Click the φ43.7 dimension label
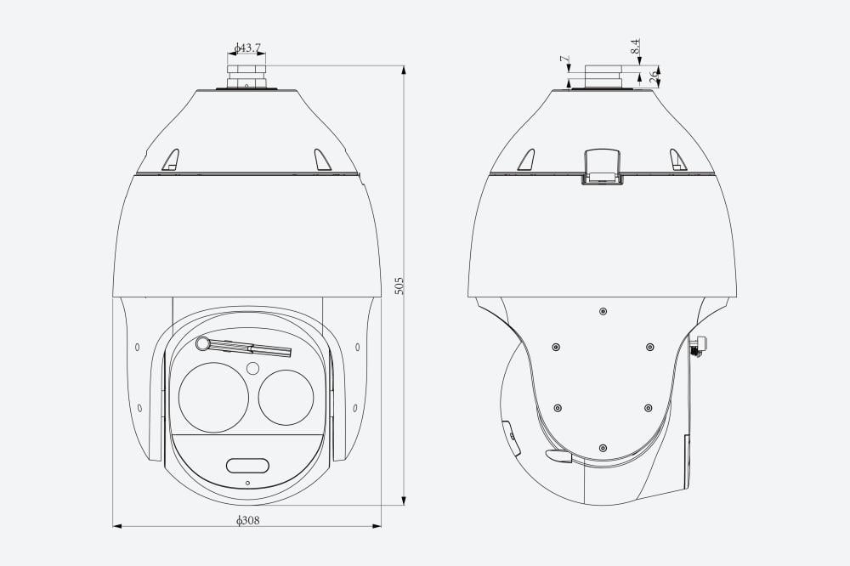pos(247,48)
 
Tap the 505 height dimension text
pos(399,286)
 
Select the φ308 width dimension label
pos(247,520)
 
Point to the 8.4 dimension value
pos(636,46)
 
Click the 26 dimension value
pos(653,75)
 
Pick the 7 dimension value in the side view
pos(565,58)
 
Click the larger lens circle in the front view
pos(213,398)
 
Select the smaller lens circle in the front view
pos(286,398)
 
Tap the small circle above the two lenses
pos(252,369)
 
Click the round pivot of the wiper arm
pos(203,343)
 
